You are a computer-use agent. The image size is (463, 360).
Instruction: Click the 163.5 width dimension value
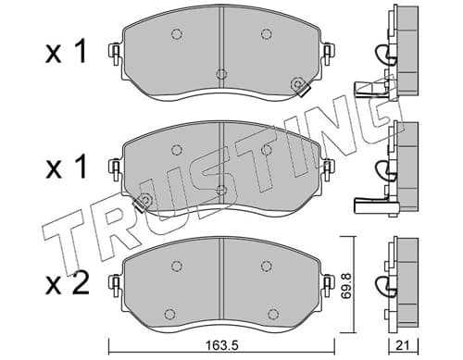pos(222,346)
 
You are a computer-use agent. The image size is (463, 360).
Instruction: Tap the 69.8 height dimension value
pos(347,284)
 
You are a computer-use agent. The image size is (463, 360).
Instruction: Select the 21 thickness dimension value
pos(403,346)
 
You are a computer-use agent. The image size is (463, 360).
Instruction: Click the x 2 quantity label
pos(68,284)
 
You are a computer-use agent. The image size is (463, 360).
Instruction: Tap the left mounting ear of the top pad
pos(115,55)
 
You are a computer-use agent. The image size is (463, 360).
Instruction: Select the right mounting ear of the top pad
pos(328,55)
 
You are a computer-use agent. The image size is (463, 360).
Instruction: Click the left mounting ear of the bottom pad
pos(115,286)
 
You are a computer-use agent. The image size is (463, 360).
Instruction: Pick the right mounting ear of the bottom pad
pos(328,286)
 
